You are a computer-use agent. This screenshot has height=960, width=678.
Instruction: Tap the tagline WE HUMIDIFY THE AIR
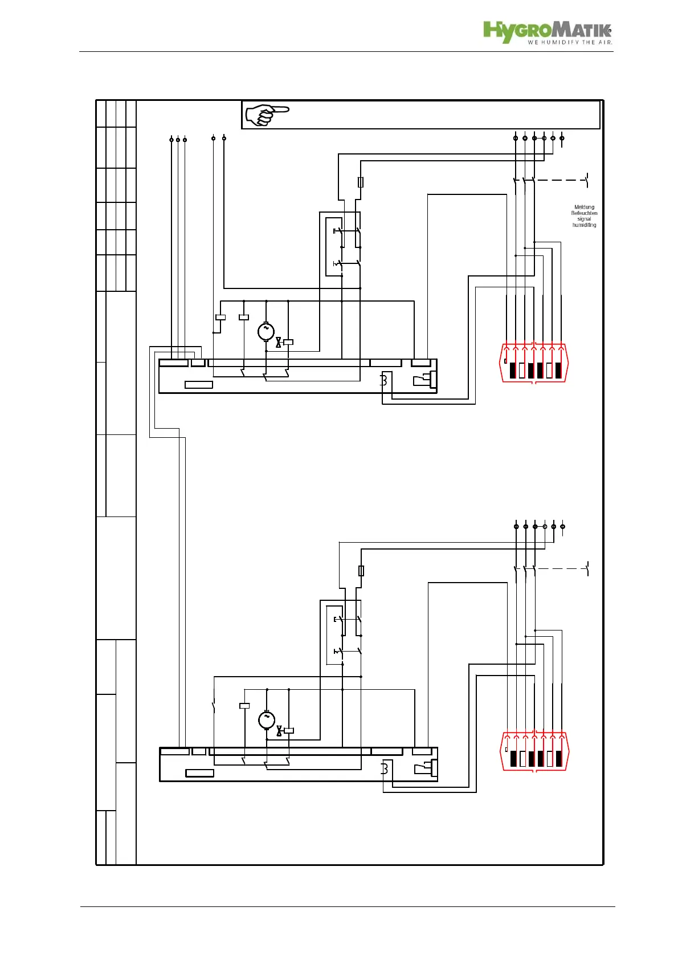pyautogui.click(x=570, y=42)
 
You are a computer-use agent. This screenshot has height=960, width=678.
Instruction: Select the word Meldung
pyautogui.click(x=584, y=208)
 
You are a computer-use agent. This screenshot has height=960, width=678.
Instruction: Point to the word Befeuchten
pyautogui.click(x=584, y=213)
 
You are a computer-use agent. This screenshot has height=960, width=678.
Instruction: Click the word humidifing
pyautogui.click(x=584, y=225)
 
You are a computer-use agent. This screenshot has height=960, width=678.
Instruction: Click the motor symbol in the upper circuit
pyautogui.click(x=266, y=331)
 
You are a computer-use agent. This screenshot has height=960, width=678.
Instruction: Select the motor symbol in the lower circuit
pyautogui.click(x=267, y=719)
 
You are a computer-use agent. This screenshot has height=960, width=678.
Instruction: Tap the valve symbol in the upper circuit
pyautogui.click(x=278, y=342)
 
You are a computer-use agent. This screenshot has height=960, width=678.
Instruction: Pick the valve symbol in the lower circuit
pyautogui.click(x=279, y=731)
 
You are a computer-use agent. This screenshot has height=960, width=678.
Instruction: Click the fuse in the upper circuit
pyautogui.click(x=360, y=182)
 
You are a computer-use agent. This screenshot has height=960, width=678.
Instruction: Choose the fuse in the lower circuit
pyautogui.click(x=361, y=571)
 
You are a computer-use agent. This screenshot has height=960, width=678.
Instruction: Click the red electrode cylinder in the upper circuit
pyautogui.click(x=534, y=364)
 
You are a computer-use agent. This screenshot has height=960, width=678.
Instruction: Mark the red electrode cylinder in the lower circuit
pyautogui.click(x=534, y=752)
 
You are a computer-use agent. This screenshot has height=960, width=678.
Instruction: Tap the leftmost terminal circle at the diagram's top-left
pyautogui.click(x=171, y=140)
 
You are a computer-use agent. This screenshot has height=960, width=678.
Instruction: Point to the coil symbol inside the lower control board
pyautogui.click(x=385, y=768)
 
